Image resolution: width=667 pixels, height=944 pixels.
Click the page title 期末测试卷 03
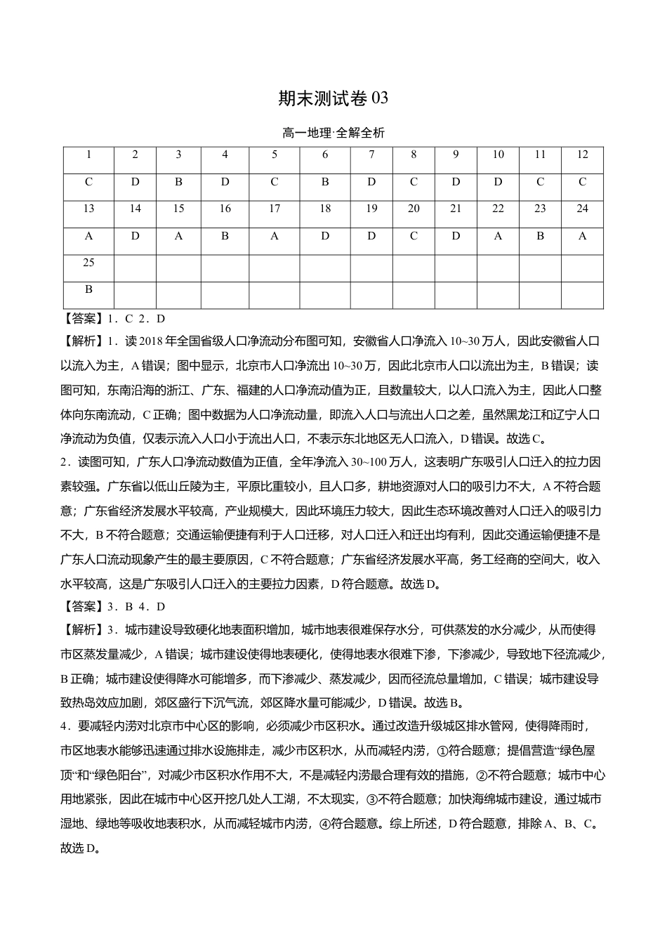pos(333,99)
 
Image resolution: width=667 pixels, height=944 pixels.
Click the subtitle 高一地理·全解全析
pos(333,133)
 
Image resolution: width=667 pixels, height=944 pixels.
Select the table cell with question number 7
pos(371,155)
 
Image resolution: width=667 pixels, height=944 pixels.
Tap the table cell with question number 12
pos(582,155)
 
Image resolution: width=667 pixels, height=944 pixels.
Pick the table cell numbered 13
pos(88,209)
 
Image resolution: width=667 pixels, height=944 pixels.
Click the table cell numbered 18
pos(324,209)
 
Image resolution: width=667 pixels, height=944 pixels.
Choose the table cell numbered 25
pos(88,263)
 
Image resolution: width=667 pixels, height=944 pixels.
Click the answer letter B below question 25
pos(88,289)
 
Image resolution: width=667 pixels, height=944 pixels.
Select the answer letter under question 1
pos(88,182)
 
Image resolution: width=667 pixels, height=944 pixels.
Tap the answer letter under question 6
pos(324,182)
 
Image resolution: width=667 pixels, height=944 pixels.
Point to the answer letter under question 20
pos(414,236)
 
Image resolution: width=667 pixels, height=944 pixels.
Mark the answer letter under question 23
pos(540,236)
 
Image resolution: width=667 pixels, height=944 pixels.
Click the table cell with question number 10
pos(498,155)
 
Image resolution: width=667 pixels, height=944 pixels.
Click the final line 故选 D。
pos(81,848)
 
